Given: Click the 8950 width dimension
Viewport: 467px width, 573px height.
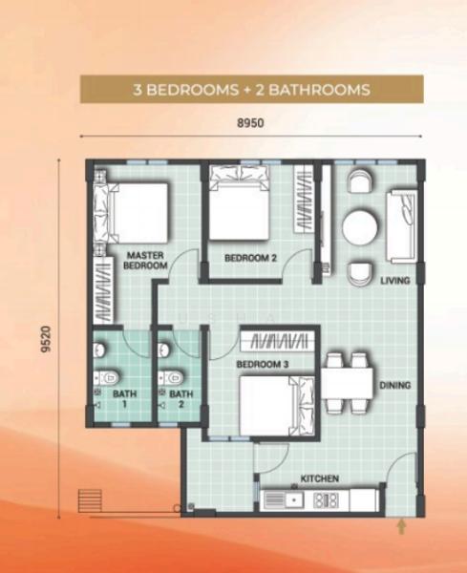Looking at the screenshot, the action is (250, 123).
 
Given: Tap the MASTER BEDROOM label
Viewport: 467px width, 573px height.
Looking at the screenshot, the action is (145, 260).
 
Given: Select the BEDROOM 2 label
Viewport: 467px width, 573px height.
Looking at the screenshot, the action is (250, 258).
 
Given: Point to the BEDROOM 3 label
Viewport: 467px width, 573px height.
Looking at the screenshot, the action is (263, 365).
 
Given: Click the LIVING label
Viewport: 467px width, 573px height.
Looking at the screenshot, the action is (395, 281).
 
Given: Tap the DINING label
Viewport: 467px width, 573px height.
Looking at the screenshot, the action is (394, 385).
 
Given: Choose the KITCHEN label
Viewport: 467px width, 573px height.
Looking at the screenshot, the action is (320, 478).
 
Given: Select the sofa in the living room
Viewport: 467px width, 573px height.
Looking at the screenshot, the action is (402, 226).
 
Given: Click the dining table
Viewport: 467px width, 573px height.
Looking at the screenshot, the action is (347, 383).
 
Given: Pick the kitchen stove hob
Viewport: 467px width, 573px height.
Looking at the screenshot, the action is (327, 500).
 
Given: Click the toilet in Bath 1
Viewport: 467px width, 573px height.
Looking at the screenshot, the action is (106, 377).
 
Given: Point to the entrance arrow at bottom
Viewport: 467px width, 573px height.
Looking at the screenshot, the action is (402, 527).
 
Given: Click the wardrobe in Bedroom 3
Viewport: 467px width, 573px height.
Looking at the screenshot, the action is (277, 342).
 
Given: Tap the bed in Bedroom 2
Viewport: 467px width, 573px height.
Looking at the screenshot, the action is (240, 202).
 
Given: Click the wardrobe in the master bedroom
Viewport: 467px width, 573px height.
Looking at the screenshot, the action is (103, 289).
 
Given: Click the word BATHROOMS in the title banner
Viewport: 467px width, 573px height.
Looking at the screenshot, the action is (319, 90).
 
